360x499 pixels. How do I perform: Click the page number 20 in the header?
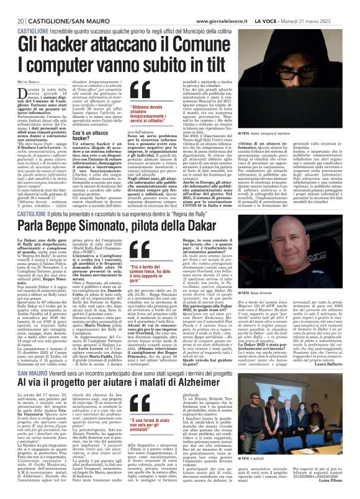(x=13, y=6)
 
